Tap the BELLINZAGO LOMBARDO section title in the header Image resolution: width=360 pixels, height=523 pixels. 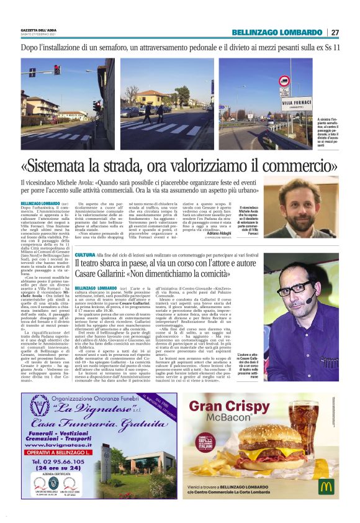pyautogui.click(x=277, y=32)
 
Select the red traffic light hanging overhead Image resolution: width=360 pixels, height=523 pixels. pyautogui.click(x=56, y=70)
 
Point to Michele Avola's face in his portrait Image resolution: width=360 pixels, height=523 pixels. pyautogui.click(x=295, y=202)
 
